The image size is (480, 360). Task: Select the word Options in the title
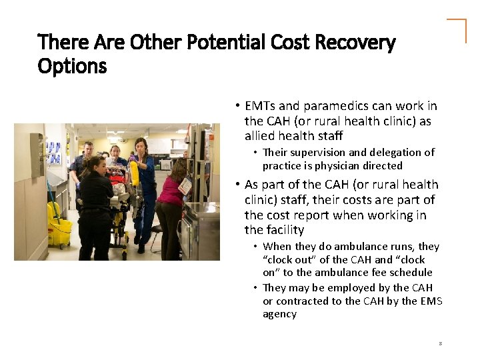coord(72,66)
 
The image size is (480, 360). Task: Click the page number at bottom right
coord(441,343)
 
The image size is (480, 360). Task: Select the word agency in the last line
coord(279,313)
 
